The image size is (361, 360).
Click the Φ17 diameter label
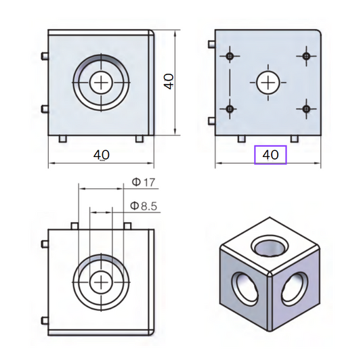pos(144,183)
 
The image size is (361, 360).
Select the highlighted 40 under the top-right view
pos(270,155)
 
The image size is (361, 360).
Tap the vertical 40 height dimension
pos(169,81)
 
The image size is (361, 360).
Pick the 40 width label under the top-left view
pos(101,155)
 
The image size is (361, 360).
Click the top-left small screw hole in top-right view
pos(231,55)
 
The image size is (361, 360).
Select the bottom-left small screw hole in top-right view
pos(231,108)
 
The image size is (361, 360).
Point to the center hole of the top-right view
pos(269,82)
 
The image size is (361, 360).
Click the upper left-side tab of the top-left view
pos(45,55)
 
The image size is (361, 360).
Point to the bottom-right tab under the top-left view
pos(140,139)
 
